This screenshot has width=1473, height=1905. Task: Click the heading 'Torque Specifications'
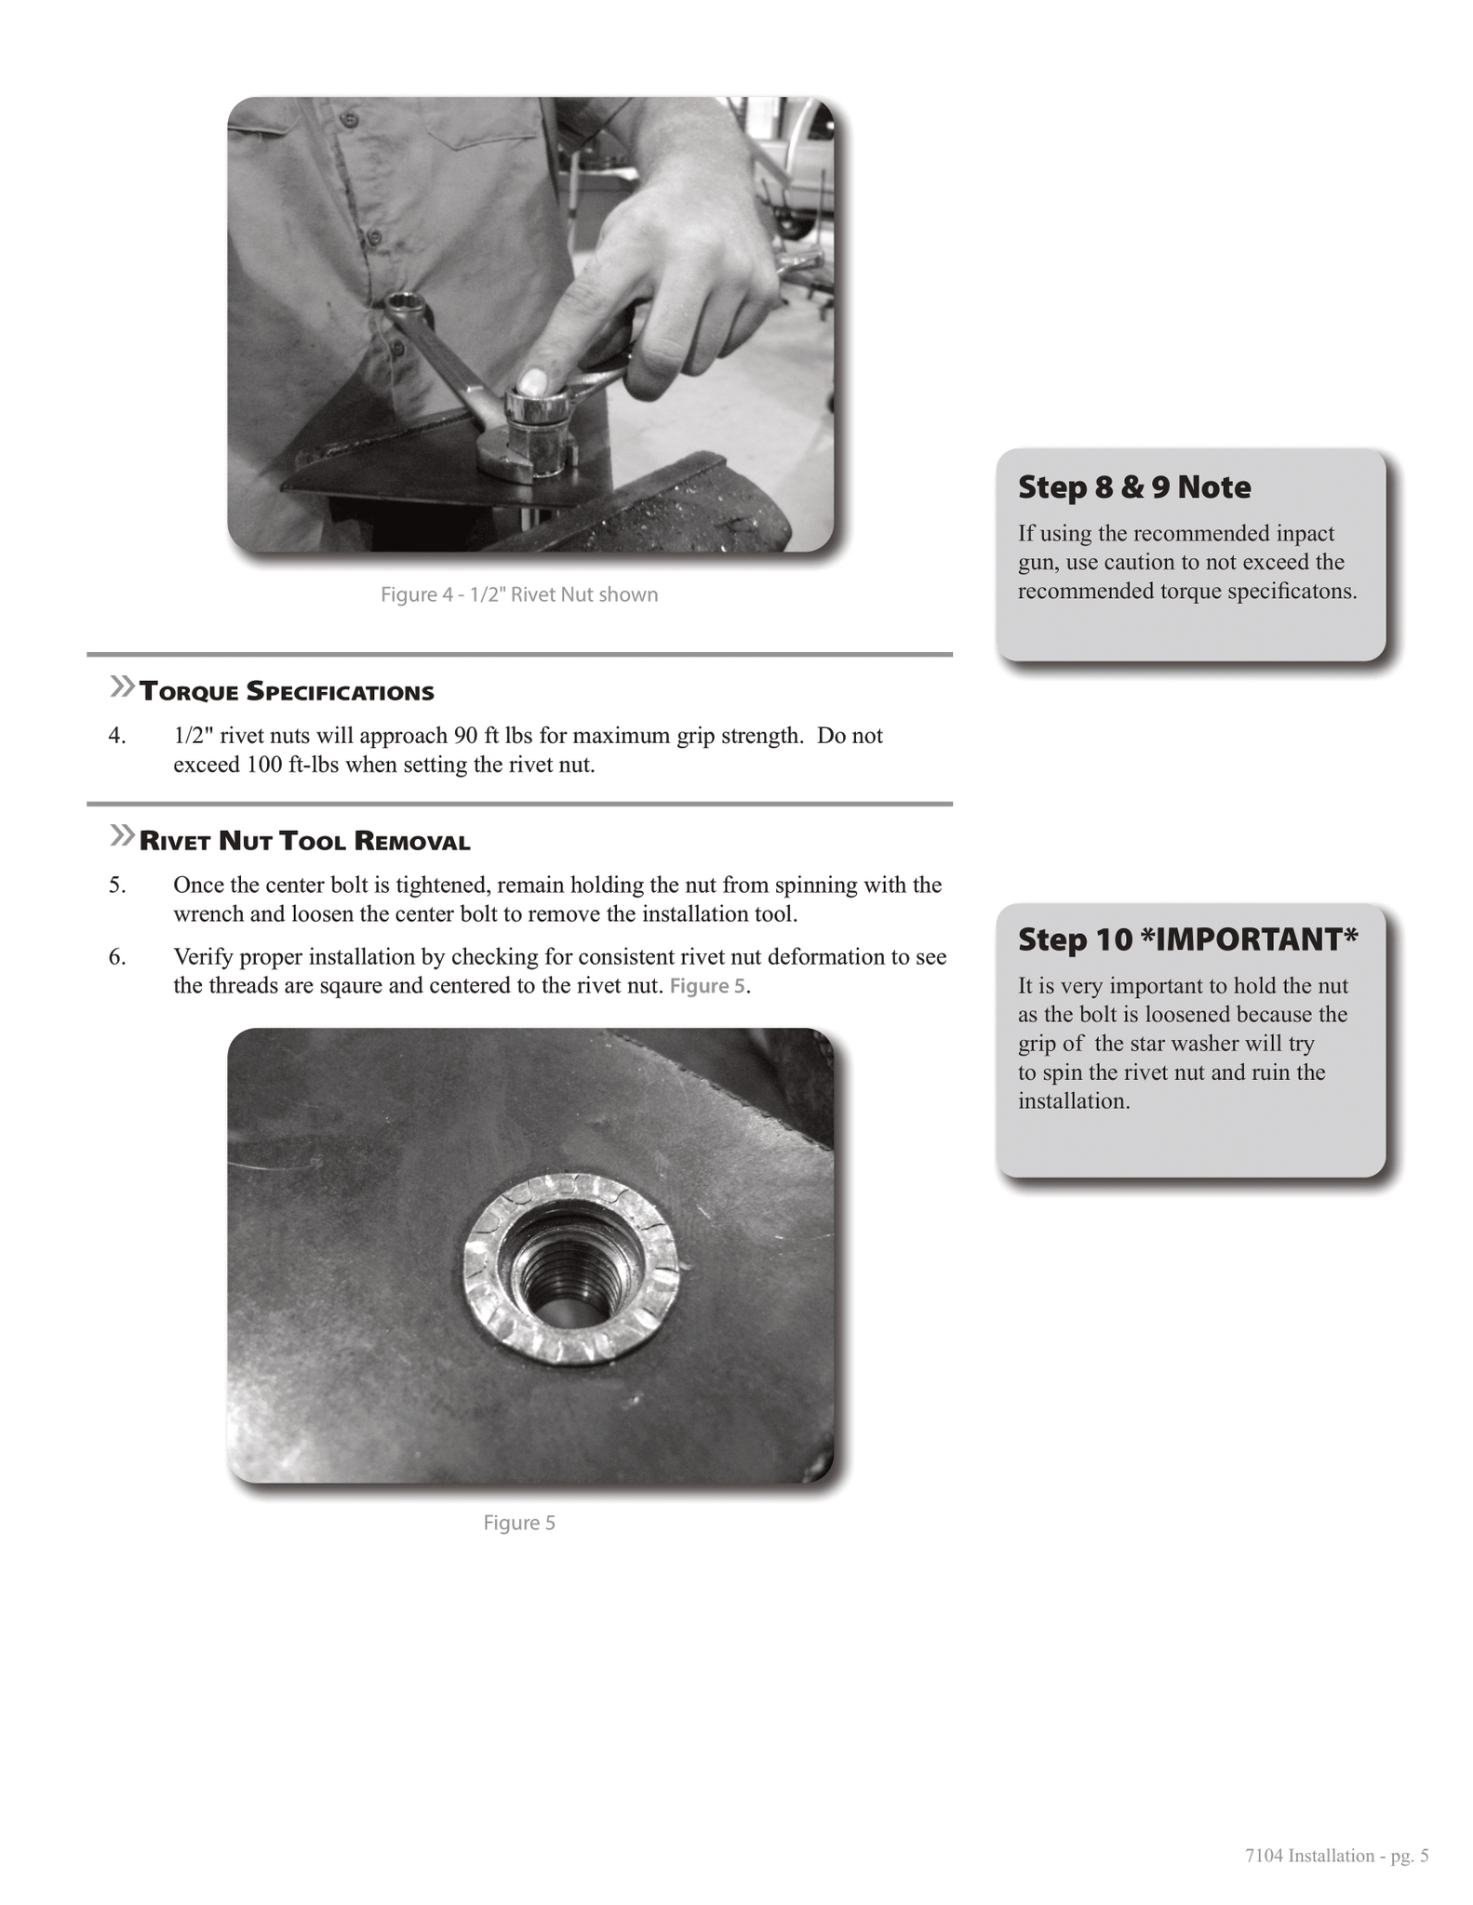pos(287,692)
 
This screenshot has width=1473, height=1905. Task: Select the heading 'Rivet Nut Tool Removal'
pos(304,842)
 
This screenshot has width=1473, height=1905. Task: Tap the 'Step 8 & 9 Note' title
pos(1134,487)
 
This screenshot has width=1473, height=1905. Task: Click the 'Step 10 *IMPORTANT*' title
pos(1188,939)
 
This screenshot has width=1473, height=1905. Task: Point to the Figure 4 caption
pos(519,594)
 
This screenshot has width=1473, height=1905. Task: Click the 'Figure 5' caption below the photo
pos(519,1523)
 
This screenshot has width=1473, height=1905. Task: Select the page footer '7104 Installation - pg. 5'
pos(1336,1856)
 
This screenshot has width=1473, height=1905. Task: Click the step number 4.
pos(116,736)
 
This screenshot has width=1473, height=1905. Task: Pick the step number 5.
pos(116,885)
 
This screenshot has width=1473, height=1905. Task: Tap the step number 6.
pos(116,957)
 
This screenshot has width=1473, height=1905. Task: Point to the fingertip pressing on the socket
pos(531,381)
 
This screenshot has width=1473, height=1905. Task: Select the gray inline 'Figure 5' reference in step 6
pos(707,986)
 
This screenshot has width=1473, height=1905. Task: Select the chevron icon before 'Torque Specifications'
pos(122,687)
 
